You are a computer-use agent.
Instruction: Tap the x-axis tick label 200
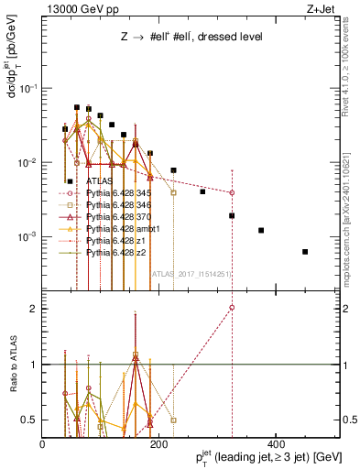point(158,445)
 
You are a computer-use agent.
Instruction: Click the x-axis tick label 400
point(275,445)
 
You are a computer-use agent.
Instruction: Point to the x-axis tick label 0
point(43,445)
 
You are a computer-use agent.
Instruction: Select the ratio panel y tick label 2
point(34,309)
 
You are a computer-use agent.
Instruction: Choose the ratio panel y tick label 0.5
point(30,420)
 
